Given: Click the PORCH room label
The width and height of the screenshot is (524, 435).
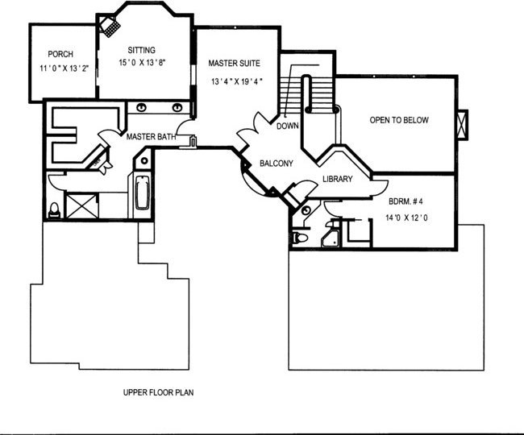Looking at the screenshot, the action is coord(60,54).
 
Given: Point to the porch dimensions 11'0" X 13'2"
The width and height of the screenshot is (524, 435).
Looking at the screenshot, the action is coord(64,68).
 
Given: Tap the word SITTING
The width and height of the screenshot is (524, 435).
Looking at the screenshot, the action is coord(142,50).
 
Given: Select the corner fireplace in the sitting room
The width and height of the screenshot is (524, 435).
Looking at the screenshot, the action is coord(110,25).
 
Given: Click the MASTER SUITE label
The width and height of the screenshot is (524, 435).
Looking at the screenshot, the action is coord(235,63).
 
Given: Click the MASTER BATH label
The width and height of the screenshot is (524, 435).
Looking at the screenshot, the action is coord(151,137).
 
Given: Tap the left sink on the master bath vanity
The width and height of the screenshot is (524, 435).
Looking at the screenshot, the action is coord(142,107).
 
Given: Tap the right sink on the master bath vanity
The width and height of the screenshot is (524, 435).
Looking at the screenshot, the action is coord(177,107).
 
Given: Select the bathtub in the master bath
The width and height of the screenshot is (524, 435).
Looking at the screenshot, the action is coord(142,193).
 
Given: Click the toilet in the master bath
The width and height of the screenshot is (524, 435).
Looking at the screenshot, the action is coord(54,210).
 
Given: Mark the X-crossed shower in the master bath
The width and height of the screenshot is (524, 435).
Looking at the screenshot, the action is coord(82,206).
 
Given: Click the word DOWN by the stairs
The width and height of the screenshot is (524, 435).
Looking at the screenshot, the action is coord(288,126).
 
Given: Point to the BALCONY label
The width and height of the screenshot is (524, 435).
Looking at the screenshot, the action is coord(277,164).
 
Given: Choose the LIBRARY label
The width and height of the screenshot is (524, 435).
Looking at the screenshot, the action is coord(338,179).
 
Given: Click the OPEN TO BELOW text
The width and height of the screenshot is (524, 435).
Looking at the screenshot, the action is coord(399,120).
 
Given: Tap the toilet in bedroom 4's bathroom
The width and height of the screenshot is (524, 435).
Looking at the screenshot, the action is coord(300,238).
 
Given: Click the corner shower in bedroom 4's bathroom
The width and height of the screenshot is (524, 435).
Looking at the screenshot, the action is coord(330,238).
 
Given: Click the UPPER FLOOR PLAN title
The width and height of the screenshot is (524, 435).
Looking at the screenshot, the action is coord(158,392).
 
